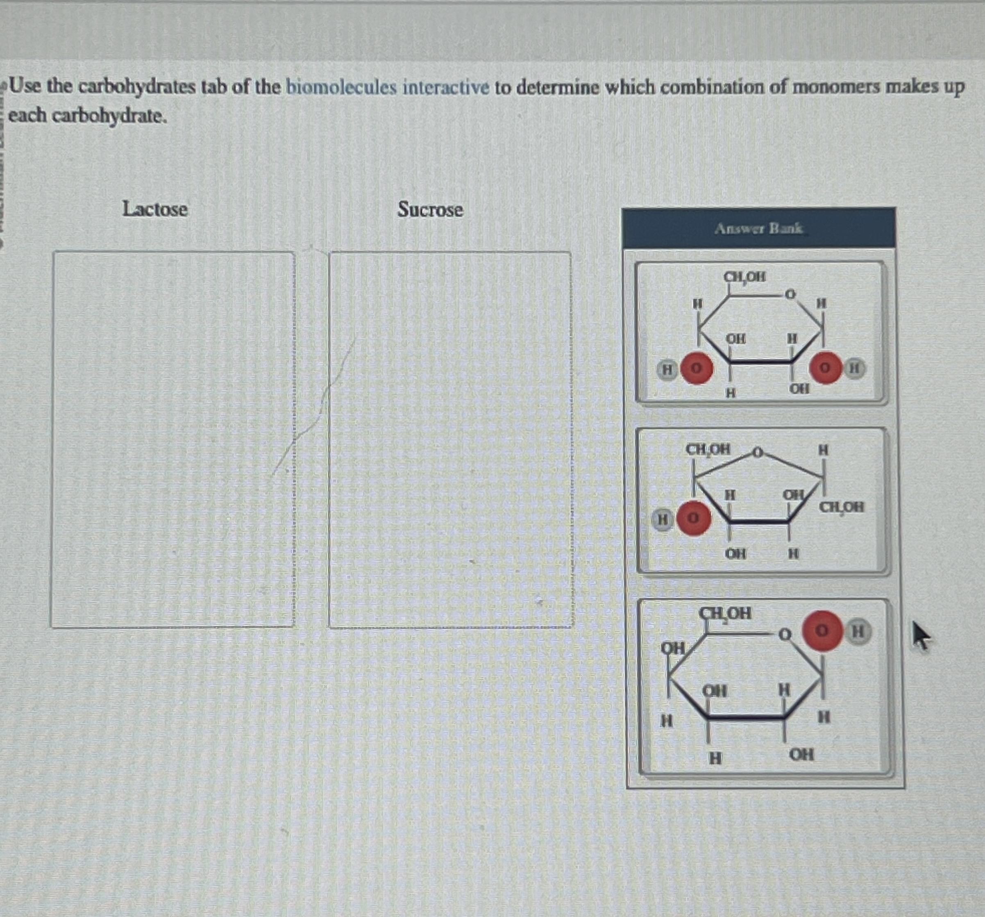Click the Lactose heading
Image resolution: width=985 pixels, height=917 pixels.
tap(154, 209)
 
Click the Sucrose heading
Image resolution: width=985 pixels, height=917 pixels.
tap(430, 209)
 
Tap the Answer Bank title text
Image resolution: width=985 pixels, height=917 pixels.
tap(758, 228)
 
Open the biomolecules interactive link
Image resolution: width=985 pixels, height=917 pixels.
tap(388, 87)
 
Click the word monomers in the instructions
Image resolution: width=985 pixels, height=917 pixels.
tap(837, 87)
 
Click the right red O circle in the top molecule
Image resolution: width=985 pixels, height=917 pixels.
tap(825, 368)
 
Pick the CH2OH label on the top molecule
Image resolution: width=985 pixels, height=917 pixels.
tap(745, 277)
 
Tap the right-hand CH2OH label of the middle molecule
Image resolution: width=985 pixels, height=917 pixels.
tap(841, 507)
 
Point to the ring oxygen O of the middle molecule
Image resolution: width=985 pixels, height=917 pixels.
tap(757, 452)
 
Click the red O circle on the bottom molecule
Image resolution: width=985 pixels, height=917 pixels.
tap(822, 630)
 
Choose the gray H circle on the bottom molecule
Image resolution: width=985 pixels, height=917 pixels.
tap(859, 632)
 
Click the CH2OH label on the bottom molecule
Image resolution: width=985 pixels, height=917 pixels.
tap(725, 613)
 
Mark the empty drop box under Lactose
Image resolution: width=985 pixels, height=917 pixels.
tap(173, 439)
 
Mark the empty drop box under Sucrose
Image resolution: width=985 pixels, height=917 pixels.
tap(450, 439)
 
